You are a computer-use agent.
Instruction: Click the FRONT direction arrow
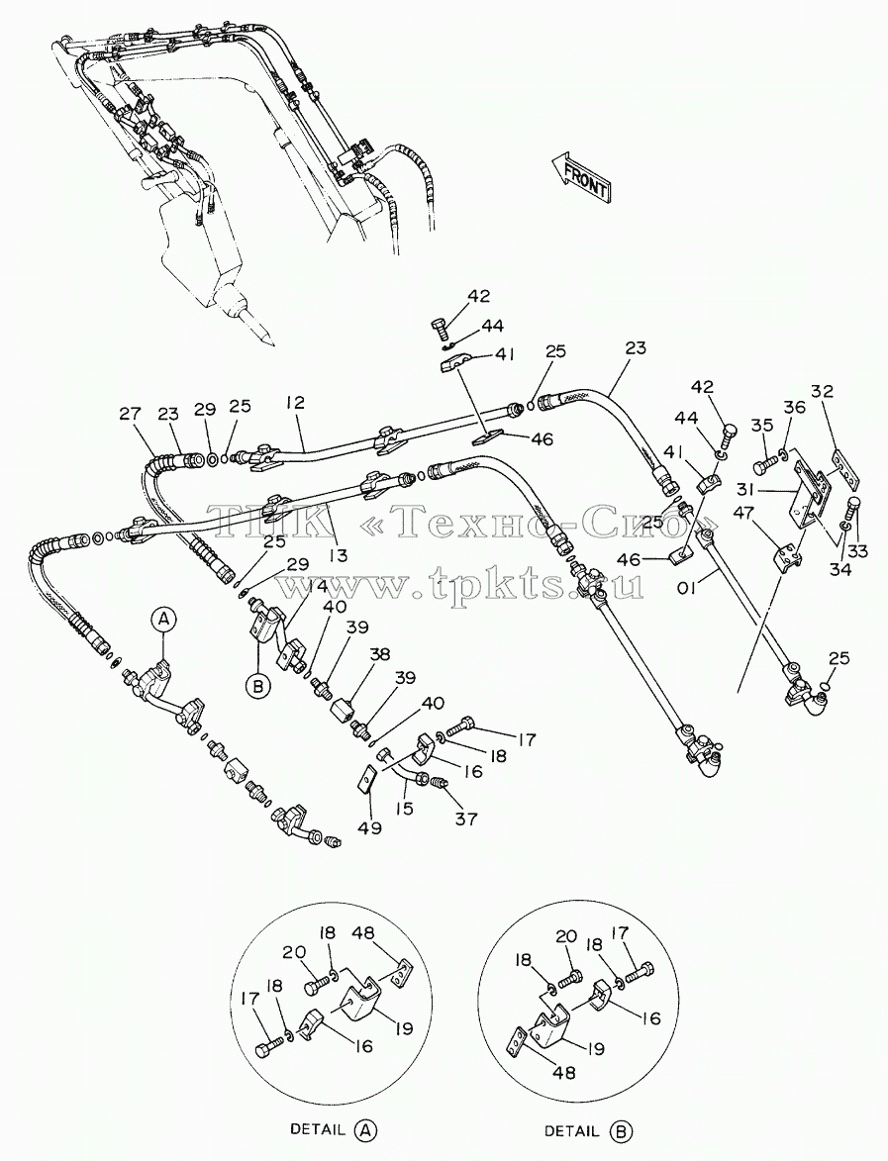[582, 178]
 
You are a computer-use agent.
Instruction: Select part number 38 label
[381, 654]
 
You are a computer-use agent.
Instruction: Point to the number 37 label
[466, 819]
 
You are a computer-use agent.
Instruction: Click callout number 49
[369, 827]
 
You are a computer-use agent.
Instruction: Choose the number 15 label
[404, 810]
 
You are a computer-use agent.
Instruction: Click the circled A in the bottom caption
[365, 1130]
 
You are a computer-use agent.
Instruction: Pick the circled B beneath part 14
[258, 687]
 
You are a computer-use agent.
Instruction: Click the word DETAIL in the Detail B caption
[571, 1130]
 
